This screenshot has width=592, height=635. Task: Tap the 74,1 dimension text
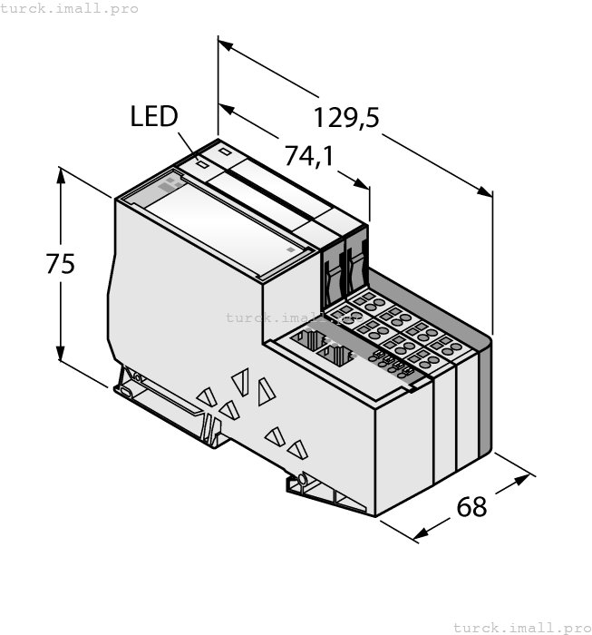309,156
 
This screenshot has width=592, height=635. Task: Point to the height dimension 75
61,264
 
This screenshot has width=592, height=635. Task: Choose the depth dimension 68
471,506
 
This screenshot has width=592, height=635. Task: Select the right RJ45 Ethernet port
339,355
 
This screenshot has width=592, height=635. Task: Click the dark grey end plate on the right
485,399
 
